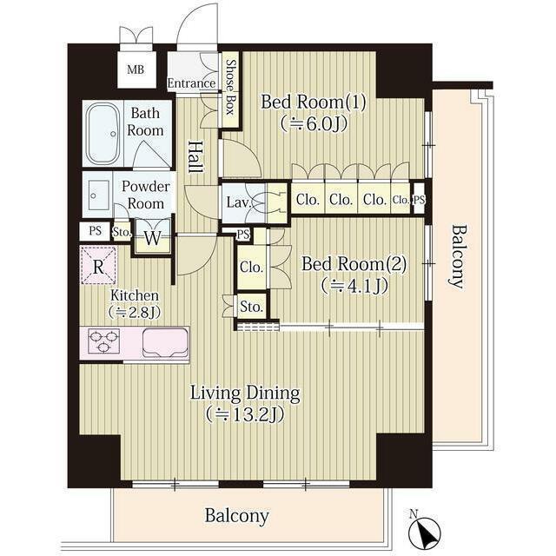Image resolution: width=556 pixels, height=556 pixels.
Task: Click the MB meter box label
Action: (x=136, y=69)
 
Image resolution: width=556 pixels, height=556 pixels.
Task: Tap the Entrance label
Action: (x=191, y=83)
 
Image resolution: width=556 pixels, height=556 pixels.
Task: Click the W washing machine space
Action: (x=153, y=238)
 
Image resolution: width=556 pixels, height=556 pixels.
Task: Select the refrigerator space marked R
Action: (x=98, y=266)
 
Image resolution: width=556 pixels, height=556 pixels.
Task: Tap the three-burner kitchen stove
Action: (x=103, y=341)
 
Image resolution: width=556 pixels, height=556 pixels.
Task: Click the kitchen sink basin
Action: (x=165, y=342)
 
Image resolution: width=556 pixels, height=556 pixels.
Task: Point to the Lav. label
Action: (x=240, y=202)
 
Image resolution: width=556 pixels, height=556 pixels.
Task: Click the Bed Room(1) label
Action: (x=313, y=103)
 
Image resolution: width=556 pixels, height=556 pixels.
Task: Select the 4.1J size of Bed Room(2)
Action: (x=354, y=286)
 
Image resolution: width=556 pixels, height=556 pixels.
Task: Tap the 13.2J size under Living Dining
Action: (x=245, y=414)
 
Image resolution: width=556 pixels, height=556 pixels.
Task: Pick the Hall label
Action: (x=195, y=157)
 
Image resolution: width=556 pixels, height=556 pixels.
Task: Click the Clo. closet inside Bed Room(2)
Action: (x=251, y=267)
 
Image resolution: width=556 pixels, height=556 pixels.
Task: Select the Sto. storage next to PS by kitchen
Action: (x=122, y=233)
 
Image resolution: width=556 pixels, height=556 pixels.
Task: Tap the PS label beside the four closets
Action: (x=419, y=200)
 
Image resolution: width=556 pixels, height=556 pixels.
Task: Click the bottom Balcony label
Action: (x=236, y=516)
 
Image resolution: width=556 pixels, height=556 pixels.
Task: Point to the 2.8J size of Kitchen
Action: (x=135, y=312)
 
